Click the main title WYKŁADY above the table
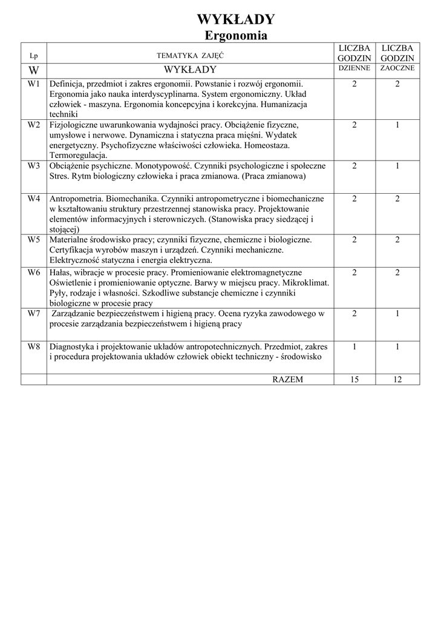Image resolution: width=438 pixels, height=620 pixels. point(236,20)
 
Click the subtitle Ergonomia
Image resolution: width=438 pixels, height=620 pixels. point(236,35)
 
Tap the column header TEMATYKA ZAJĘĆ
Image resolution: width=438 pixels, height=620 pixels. point(190,56)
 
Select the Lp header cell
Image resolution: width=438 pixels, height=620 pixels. point(33,56)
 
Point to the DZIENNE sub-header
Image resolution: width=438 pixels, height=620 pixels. point(354,68)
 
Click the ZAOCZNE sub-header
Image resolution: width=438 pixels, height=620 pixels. point(397,68)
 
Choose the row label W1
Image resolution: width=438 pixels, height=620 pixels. point(34,84)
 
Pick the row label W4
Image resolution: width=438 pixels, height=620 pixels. point(34,199)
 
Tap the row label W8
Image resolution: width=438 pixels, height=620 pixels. point(34,347)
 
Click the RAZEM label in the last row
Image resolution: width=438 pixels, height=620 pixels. point(288,379)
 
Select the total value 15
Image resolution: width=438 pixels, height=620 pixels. point(354,379)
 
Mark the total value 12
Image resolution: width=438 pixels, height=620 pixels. point(397,379)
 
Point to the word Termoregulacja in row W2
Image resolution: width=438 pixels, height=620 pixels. point(78,155)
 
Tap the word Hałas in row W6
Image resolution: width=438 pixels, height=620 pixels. point(60,273)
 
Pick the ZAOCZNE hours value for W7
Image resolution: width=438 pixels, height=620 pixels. point(397,314)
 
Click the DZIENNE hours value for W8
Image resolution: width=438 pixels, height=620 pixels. point(354,347)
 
